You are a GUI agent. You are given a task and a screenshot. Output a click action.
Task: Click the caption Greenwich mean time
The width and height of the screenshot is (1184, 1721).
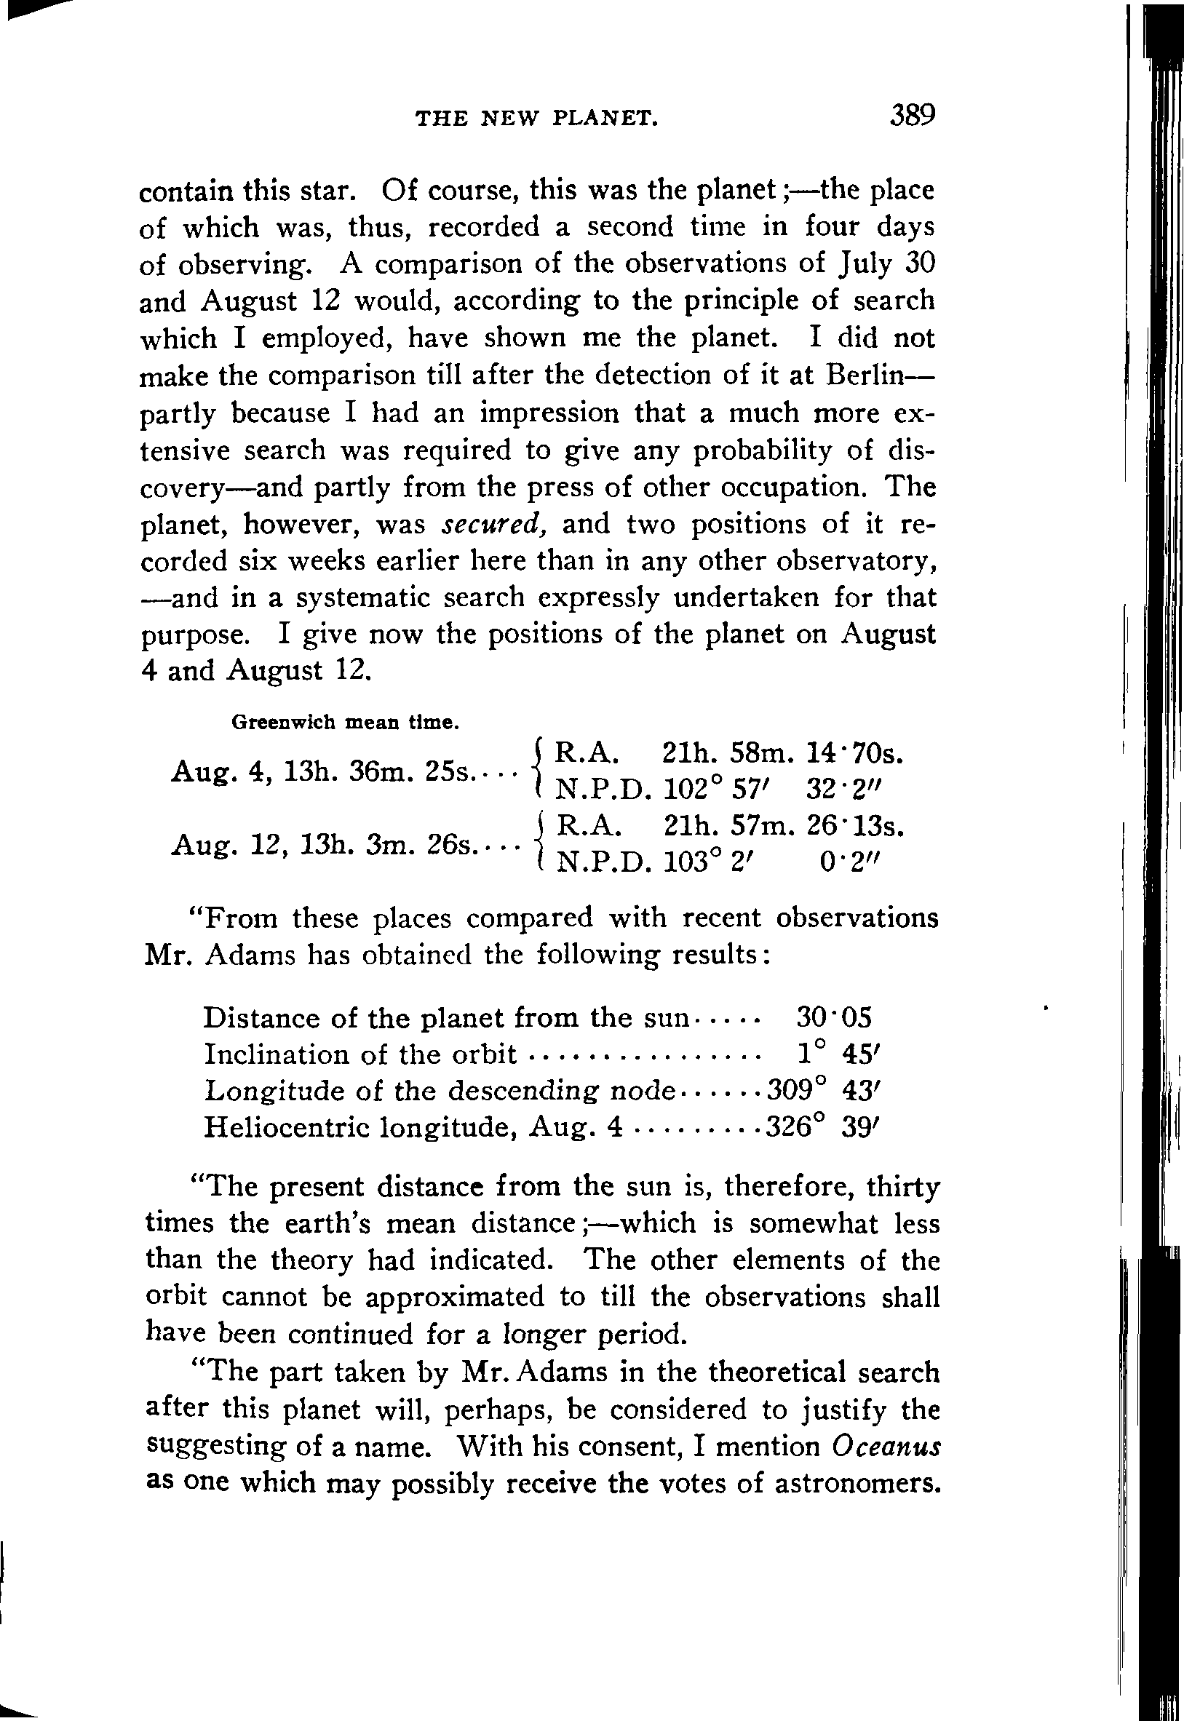click(x=344, y=722)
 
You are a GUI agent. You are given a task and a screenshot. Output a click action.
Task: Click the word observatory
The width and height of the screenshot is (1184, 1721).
click(x=854, y=562)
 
